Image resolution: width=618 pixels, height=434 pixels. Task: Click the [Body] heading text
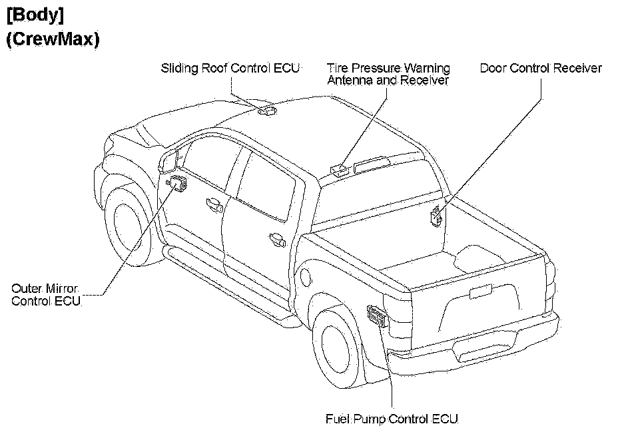[x=35, y=14]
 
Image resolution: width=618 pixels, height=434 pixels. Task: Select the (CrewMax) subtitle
[x=53, y=39]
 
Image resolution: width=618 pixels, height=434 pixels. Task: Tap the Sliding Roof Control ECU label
[x=230, y=68]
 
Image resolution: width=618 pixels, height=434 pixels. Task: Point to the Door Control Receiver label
[x=541, y=68]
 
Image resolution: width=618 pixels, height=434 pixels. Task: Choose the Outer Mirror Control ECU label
[x=45, y=295]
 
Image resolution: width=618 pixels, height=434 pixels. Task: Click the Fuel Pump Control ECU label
[x=392, y=419]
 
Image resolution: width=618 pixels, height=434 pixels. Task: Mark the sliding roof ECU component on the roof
[x=268, y=110]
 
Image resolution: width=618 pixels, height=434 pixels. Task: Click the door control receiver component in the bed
[x=438, y=216]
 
